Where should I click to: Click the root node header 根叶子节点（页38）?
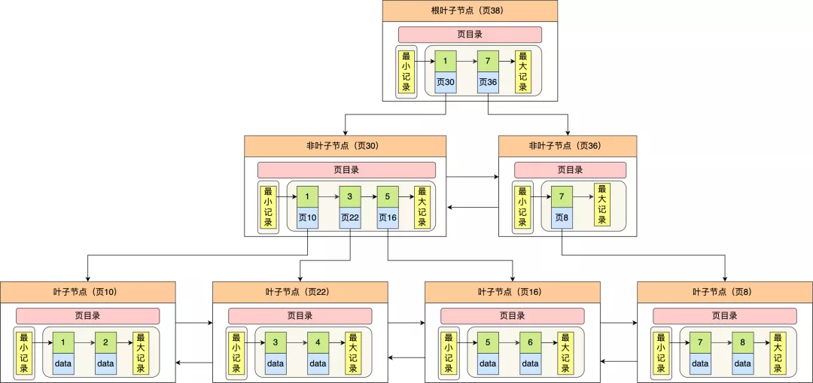[470, 11]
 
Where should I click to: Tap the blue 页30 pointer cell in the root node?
[446, 83]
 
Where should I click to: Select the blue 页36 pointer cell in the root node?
[488, 83]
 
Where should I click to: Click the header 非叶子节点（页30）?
[346, 146]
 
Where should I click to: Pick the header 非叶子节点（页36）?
[568, 146]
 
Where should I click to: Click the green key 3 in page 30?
[350, 197]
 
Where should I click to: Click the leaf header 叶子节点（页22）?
[300, 292]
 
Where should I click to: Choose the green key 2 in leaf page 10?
[106, 342]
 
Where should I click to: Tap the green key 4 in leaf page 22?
[318, 342]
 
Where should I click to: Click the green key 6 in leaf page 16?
[531, 342]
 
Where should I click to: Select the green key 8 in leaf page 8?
[742, 342]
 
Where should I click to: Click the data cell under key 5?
[488, 364]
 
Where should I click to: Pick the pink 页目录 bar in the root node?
[470, 35]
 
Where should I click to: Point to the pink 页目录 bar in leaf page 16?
[513, 316]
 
